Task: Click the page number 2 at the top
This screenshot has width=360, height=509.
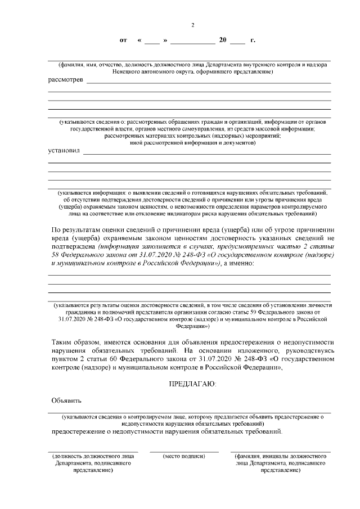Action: [x=192, y=25]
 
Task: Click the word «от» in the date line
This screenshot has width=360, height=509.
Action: [x=124, y=40]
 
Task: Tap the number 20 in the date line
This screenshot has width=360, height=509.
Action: [x=223, y=40]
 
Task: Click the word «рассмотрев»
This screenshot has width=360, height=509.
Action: [x=66, y=80]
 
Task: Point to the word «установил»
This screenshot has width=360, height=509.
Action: [x=64, y=151]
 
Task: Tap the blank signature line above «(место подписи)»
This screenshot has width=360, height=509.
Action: [x=184, y=451]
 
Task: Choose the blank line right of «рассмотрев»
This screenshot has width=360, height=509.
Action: [x=208, y=83]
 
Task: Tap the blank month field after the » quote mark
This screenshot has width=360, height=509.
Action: [x=192, y=42]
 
